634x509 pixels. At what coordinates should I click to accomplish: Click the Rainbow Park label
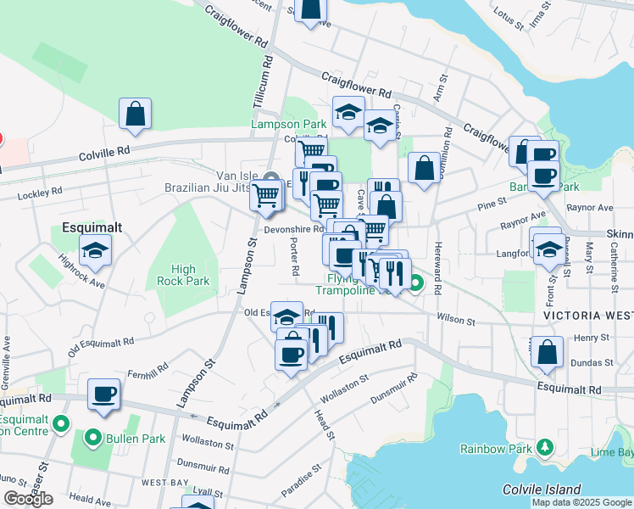coord(496,448)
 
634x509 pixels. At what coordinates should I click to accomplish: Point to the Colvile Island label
coord(541,489)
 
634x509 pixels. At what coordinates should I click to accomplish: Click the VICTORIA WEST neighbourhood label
coord(583,314)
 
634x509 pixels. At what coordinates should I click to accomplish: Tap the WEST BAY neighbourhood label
coord(164,482)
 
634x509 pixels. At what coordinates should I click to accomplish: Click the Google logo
coord(28,499)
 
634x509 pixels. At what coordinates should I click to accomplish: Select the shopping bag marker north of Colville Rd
coord(136,114)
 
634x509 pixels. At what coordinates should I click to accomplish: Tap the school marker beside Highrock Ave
coord(95,249)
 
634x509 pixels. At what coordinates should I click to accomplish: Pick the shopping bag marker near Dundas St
coord(548,351)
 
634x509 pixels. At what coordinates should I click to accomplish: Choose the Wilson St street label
coord(454,320)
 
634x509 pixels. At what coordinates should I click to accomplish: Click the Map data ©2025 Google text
coord(581,502)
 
